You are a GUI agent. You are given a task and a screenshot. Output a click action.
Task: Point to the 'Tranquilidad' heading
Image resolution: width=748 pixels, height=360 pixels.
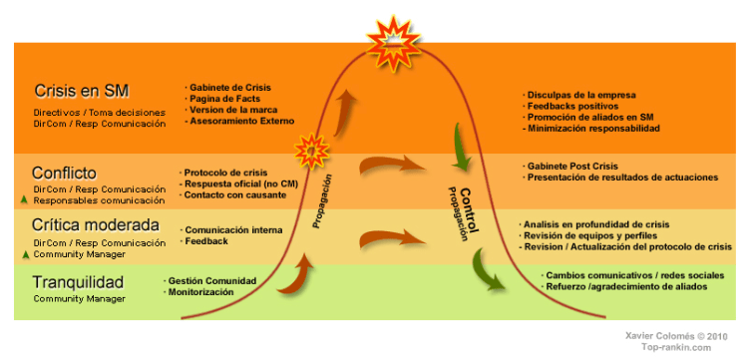coord(78,282)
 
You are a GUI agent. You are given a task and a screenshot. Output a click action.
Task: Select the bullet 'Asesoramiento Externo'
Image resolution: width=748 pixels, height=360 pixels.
coord(241,121)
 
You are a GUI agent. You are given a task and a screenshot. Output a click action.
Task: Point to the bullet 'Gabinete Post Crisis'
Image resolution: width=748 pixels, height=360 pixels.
coord(577,166)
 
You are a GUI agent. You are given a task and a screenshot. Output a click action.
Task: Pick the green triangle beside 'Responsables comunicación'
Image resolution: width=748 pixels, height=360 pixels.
coord(23,199)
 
